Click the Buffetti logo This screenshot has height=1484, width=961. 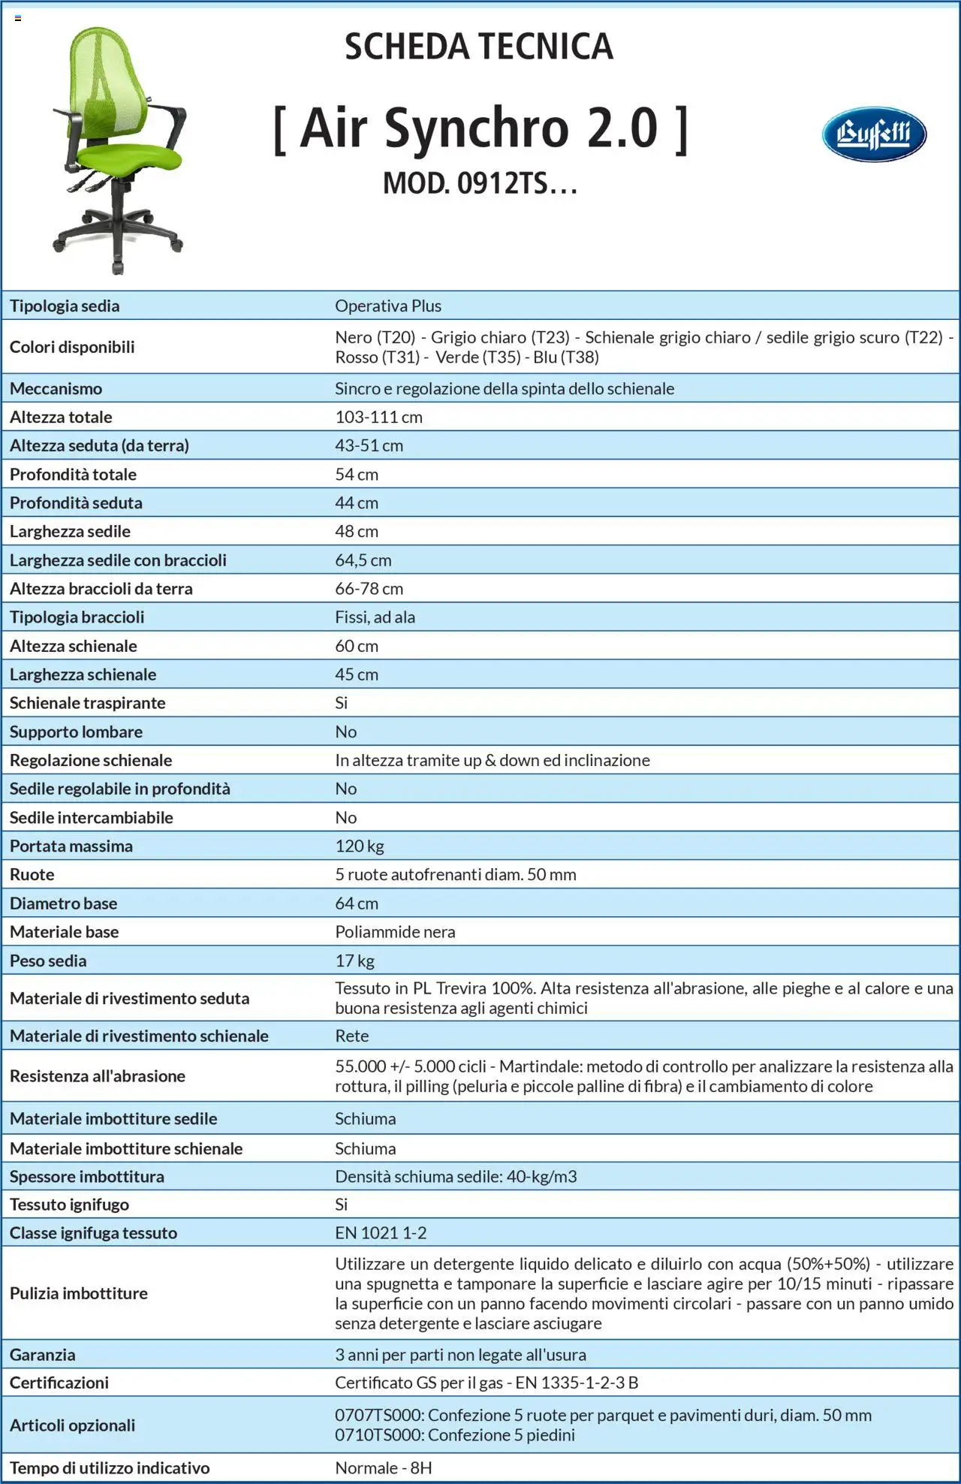(x=874, y=134)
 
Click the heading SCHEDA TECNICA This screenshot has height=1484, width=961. (x=479, y=47)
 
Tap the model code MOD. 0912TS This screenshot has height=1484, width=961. (x=480, y=183)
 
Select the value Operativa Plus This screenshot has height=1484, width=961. (x=388, y=306)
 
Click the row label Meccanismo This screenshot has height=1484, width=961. (x=56, y=388)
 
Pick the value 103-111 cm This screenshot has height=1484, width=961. (x=378, y=417)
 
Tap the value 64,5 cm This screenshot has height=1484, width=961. (x=363, y=560)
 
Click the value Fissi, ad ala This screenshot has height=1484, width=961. (x=375, y=617)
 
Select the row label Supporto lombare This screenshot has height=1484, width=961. (x=76, y=731)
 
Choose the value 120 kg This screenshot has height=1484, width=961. (x=360, y=846)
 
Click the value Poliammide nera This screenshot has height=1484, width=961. (x=395, y=932)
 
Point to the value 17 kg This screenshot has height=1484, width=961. (x=354, y=961)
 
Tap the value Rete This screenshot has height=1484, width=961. (x=351, y=1036)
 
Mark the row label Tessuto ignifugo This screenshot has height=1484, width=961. (x=69, y=1205)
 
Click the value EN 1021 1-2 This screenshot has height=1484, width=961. (x=381, y=1233)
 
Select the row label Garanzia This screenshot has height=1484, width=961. (x=42, y=1355)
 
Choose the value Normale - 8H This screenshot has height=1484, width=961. (x=383, y=1468)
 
